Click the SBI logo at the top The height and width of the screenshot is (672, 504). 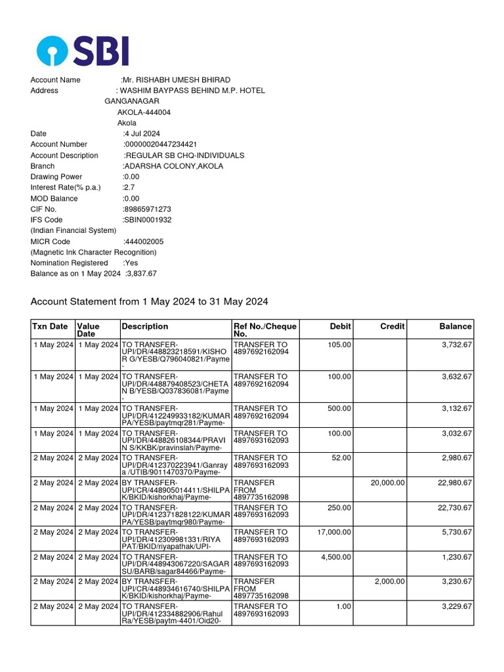83,51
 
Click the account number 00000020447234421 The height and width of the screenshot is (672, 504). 161,144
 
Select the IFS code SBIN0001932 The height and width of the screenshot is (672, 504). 148,220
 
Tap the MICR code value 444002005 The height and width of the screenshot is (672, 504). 144,241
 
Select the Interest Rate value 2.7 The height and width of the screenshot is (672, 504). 129,188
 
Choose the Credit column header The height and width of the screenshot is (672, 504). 392,326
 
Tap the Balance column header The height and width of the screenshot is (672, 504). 455,326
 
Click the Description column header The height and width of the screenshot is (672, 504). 144,326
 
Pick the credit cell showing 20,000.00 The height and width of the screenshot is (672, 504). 388,483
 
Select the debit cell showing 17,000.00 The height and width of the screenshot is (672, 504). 334,532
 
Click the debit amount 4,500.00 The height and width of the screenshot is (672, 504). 337,557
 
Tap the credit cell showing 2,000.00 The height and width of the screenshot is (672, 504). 390,581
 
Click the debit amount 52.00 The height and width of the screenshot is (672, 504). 341,458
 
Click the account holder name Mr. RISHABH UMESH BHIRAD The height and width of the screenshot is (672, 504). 177,80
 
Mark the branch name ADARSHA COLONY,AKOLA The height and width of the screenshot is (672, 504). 173,166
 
